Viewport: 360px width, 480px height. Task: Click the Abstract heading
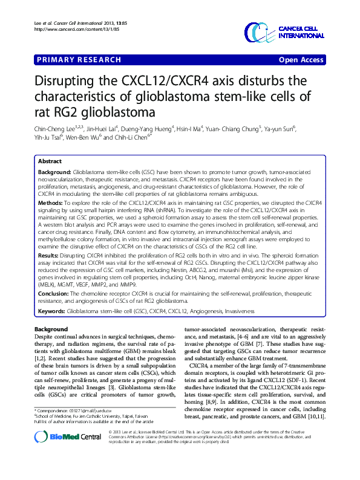point(50,162)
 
